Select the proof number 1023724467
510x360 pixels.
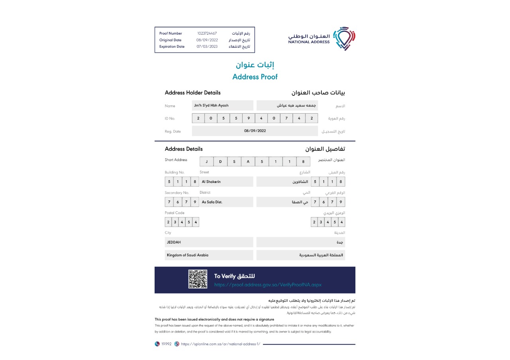[207, 33]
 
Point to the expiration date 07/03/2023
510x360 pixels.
[207, 46]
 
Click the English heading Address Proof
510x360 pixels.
[255, 77]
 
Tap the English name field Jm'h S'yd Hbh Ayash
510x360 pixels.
[222, 106]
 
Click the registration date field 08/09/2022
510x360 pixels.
[255, 131]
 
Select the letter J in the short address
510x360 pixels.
[206, 161]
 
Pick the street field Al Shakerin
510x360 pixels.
[226, 182]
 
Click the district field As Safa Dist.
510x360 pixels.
[226, 202]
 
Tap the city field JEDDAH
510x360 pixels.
[209, 242]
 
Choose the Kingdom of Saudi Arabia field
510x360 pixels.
[209, 255]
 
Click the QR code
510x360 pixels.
[198, 279]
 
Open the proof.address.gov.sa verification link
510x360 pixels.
[267, 285]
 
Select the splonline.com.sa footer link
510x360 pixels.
[220, 344]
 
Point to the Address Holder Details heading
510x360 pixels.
[192, 93]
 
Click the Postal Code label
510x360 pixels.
[175, 213]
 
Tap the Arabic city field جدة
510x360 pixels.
[300, 242]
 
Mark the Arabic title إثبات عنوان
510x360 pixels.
[255, 65]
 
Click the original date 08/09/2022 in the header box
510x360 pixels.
[207, 40]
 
